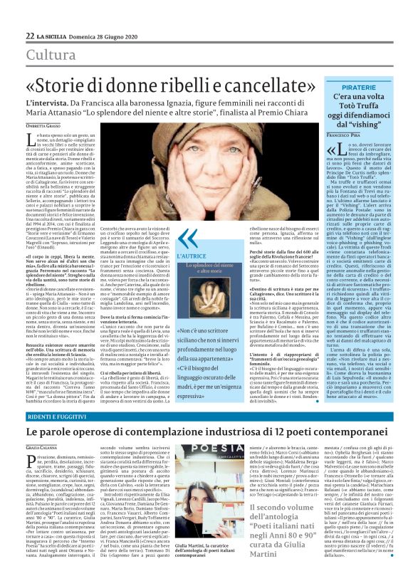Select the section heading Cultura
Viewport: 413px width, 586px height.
point(51,55)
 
